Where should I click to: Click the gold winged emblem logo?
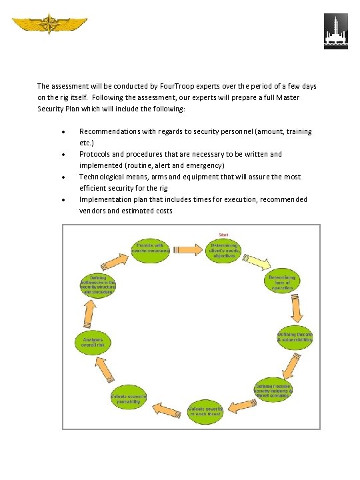[x=48, y=26]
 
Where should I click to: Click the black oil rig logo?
[x=335, y=31]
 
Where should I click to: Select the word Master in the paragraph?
[x=285, y=97]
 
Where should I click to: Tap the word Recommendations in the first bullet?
[x=114, y=131]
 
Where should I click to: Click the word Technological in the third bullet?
[x=105, y=177]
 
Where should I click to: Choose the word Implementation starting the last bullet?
[x=107, y=199]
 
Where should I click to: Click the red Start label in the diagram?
[x=224, y=234]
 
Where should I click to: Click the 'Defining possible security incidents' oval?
[x=273, y=390]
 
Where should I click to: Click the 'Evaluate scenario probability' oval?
[x=128, y=399]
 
